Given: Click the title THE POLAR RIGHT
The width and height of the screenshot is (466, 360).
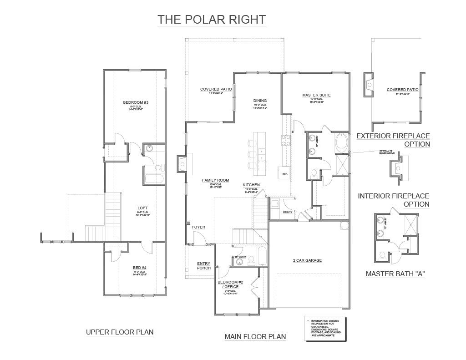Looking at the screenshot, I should click(211, 20).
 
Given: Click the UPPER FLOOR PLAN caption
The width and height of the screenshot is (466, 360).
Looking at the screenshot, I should click(120, 332).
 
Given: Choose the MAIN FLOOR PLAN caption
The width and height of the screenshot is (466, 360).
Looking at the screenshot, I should click(255, 337).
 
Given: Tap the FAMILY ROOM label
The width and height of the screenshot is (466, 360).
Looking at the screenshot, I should click(215, 181).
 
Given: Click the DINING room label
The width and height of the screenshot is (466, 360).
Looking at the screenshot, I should click(260, 101).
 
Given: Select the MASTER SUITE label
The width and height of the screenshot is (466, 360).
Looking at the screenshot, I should click(316, 95).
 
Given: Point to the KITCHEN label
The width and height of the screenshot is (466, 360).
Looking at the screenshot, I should click(251, 185).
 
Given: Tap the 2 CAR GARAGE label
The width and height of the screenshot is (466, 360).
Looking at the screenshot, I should click(307, 260).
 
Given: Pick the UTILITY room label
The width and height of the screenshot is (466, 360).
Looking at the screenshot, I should click(287, 212).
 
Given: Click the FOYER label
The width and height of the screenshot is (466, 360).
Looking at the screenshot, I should click(198, 227).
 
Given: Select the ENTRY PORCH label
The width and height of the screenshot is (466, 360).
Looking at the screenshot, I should click(203, 266).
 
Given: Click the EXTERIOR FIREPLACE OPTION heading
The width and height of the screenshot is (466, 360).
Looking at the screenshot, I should click(393, 140).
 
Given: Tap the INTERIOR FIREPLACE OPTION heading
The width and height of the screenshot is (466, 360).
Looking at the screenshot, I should click(394, 200).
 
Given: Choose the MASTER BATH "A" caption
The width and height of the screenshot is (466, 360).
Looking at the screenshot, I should click(395, 274).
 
